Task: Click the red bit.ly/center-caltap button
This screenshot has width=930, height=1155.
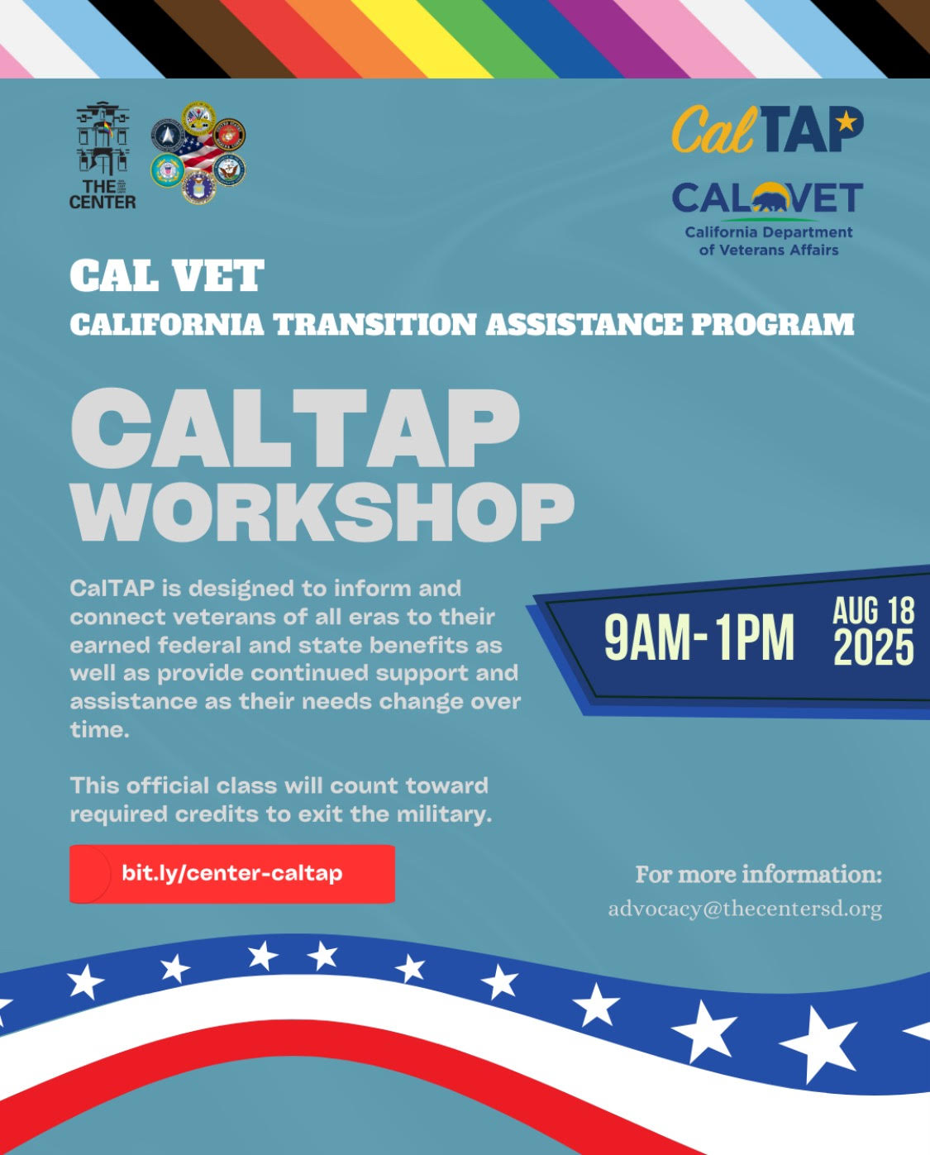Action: (231, 874)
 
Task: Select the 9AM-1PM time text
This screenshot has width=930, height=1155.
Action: (699, 637)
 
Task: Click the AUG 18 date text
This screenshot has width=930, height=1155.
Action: (874, 610)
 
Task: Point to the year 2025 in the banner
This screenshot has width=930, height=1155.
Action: (874, 647)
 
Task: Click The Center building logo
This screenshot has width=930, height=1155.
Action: (103, 155)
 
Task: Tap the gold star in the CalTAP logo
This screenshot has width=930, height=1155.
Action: (847, 121)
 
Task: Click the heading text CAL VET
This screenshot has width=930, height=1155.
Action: (167, 275)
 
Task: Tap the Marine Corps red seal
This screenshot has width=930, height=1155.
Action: (230, 134)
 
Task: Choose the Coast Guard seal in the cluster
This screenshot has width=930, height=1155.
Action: (167, 170)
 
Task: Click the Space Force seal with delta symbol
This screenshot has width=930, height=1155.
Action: (168, 135)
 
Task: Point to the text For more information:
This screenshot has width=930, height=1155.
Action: (758, 875)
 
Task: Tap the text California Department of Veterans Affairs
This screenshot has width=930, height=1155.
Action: (769, 241)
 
